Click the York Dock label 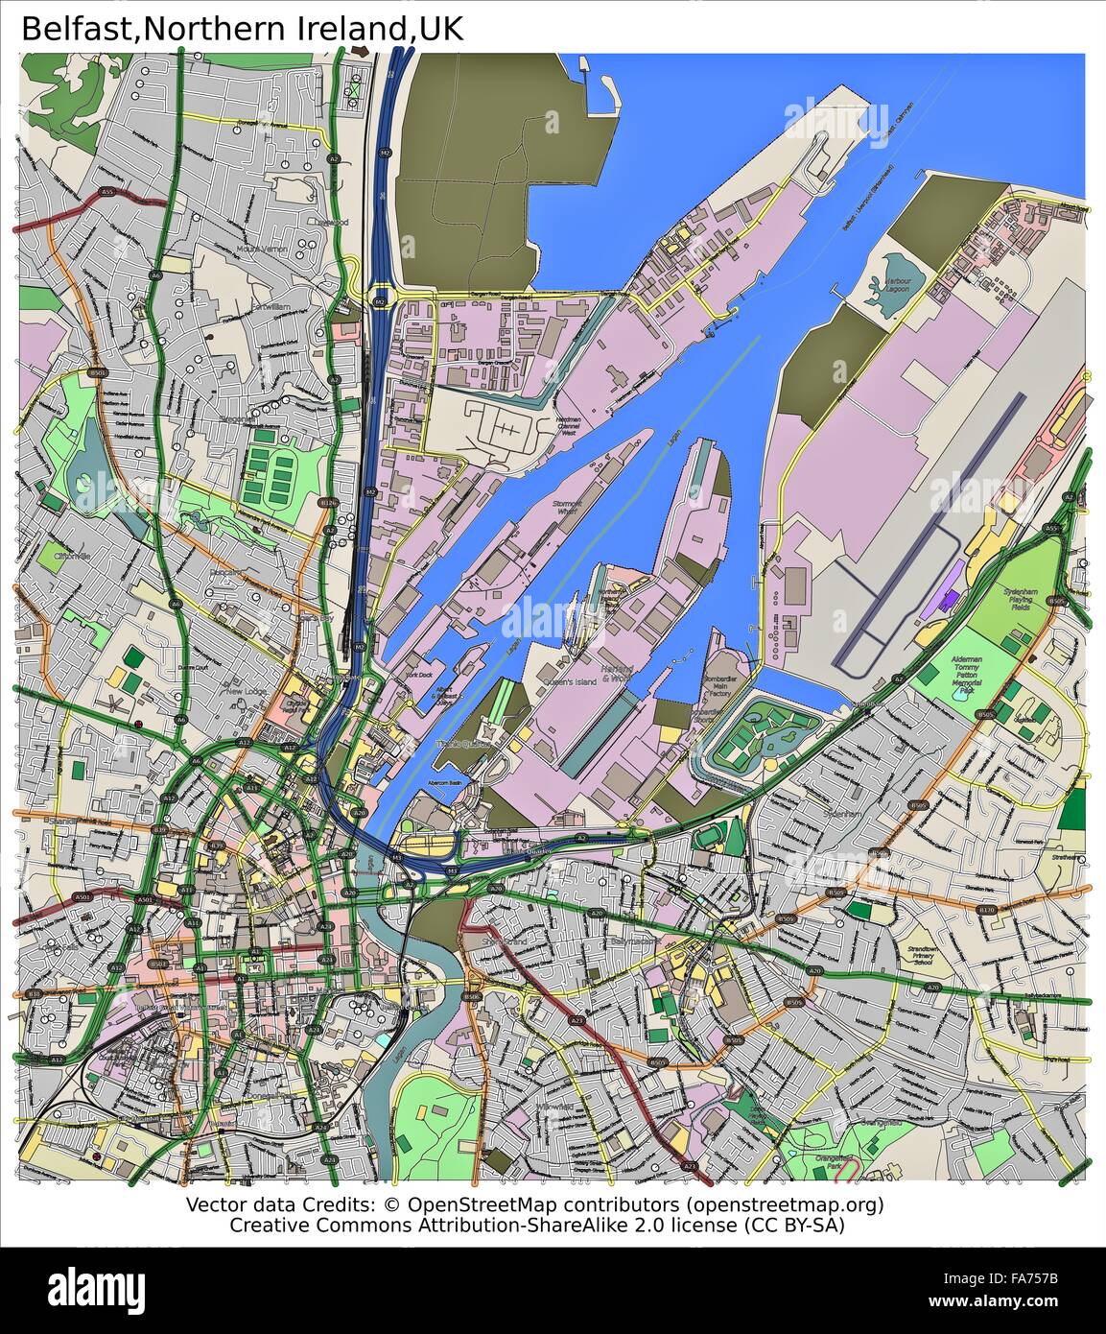tap(419, 675)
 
